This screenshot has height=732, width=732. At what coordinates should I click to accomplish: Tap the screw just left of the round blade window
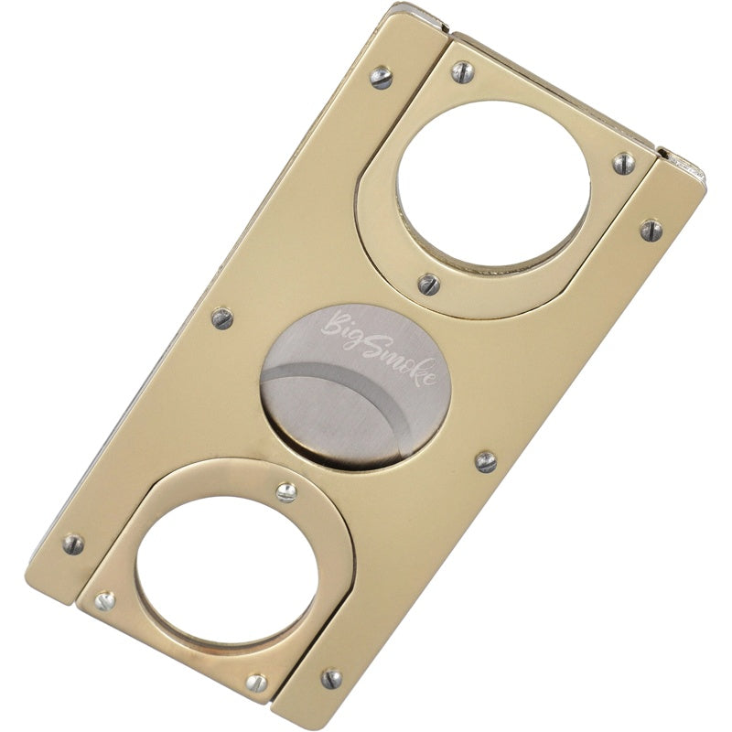click(222, 318)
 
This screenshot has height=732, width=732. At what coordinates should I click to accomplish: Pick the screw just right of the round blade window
click(486, 462)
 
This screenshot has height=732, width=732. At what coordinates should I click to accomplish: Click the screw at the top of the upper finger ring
click(463, 73)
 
